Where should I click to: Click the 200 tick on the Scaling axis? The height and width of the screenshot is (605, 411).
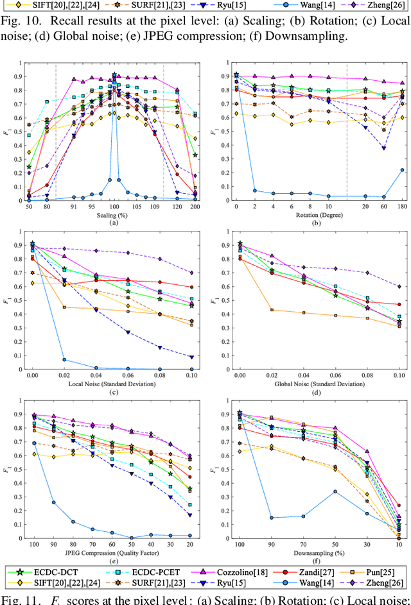195,207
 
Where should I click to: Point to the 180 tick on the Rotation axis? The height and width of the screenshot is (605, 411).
402,207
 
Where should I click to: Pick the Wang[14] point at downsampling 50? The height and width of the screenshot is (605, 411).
335,491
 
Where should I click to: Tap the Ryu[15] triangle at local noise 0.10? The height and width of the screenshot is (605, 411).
191,357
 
